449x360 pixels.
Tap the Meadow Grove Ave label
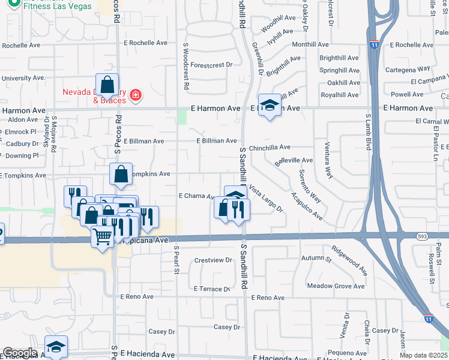(x=336, y=286)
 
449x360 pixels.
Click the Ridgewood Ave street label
(x=349, y=259)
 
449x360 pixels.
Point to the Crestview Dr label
(x=213, y=260)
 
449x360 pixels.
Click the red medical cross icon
(x=136, y=95)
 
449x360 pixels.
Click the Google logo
(x=20, y=353)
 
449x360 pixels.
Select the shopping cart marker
(x=102, y=237)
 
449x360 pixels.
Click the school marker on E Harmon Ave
(x=270, y=106)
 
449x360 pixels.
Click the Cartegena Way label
(x=408, y=69)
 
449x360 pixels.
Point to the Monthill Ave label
(x=310, y=44)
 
